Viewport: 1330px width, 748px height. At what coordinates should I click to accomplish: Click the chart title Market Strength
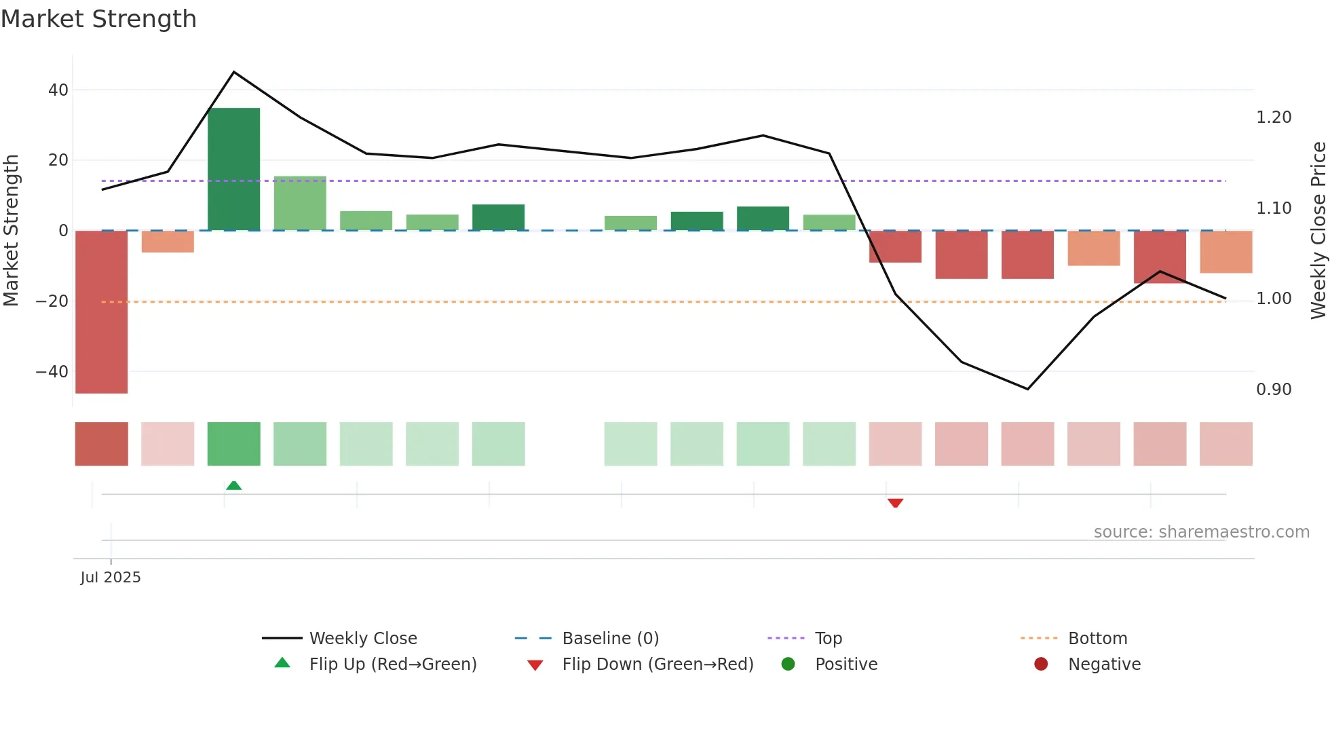click(x=98, y=19)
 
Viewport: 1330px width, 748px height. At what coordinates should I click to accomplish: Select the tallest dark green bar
click(x=233, y=170)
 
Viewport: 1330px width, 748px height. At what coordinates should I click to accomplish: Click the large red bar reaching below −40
click(x=101, y=312)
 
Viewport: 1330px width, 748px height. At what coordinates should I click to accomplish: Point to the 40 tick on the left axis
click(x=58, y=90)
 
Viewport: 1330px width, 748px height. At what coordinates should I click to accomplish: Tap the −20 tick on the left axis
click(x=52, y=301)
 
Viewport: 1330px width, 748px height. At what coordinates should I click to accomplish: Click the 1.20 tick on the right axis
click(x=1274, y=117)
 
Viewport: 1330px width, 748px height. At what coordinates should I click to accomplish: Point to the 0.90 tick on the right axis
click(x=1274, y=390)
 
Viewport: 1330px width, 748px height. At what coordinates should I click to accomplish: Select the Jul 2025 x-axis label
click(x=111, y=578)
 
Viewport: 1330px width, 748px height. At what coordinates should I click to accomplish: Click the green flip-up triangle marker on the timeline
click(x=233, y=485)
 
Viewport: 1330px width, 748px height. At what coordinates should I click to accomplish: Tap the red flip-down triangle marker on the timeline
click(x=895, y=503)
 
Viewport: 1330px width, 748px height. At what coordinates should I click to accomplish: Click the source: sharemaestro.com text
click(x=1201, y=532)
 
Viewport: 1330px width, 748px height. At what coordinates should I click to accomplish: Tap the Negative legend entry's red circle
click(x=1041, y=665)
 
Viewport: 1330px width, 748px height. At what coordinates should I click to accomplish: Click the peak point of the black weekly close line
click(x=234, y=72)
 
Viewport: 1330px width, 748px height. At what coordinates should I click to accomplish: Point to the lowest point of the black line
click(x=1027, y=389)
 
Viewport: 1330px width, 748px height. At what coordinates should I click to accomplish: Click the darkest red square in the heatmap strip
click(x=101, y=444)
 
